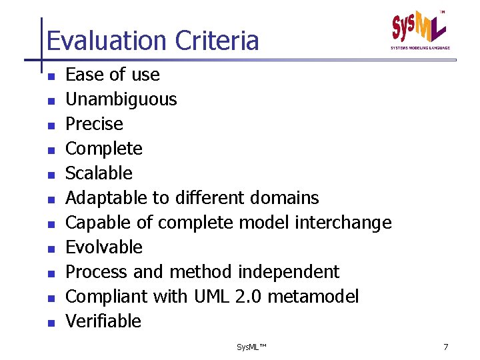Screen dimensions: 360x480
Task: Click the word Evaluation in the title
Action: (x=107, y=41)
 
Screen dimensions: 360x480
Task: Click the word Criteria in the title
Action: (x=217, y=41)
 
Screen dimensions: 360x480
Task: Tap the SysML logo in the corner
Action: (x=420, y=29)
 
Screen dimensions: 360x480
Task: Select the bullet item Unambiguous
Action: (x=121, y=99)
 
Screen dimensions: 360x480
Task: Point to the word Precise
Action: (x=94, y=124)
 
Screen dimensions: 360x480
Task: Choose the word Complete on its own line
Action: (x=104, y=149)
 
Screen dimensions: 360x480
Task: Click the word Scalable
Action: (x=99, y=173)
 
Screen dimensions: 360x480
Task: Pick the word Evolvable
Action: (x=104, y=247)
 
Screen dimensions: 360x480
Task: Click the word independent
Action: (x=288, y=272)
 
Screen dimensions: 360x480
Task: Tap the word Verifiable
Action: (x=103, y=321)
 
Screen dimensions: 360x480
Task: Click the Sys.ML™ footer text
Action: (x=251, y=347)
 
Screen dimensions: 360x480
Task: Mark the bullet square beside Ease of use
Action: (x=50, y=76)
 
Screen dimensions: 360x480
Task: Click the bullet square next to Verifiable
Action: (x=50, y=323)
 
